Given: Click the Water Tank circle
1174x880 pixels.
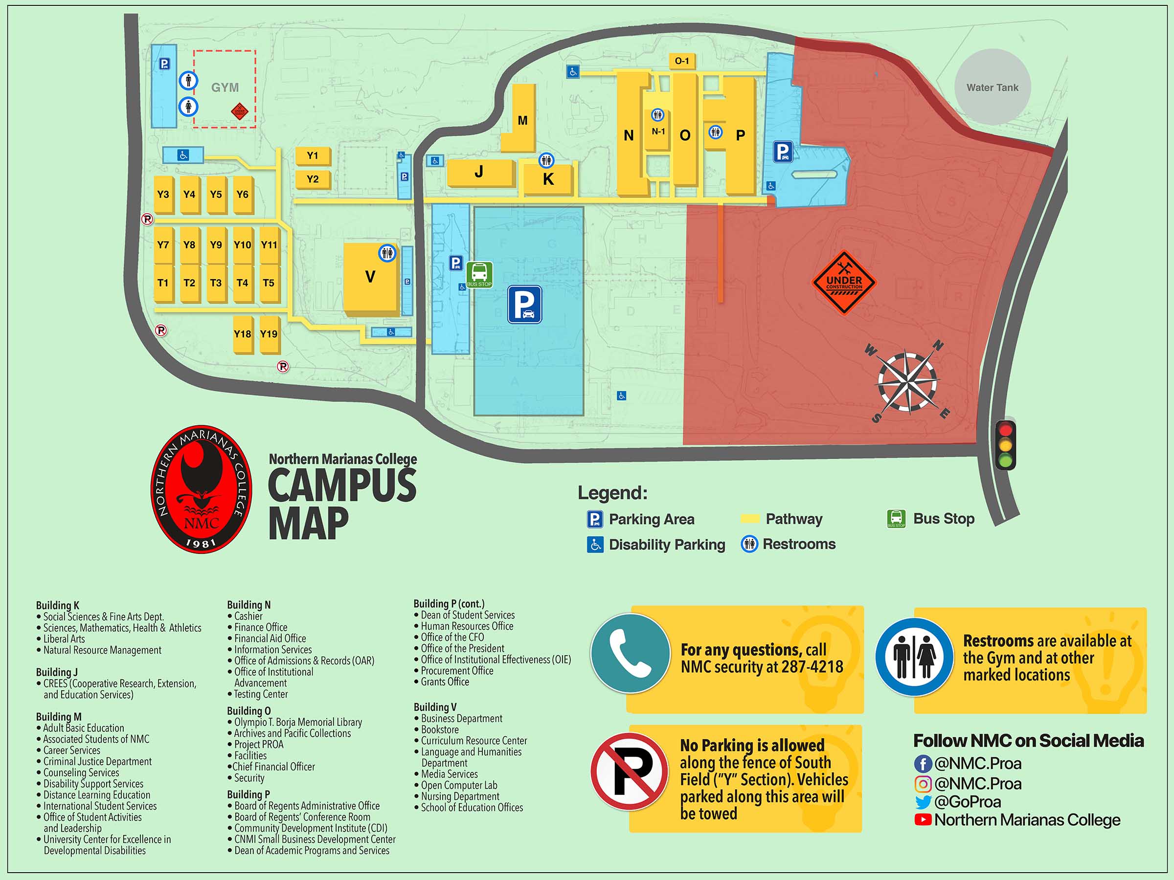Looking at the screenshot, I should (992, 88).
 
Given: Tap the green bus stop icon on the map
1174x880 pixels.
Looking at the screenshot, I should (479, 274).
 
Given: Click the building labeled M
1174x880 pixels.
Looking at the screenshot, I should (522, 120).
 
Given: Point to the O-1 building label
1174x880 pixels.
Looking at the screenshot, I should (682, 61).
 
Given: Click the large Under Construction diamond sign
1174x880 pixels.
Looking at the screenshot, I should (844, 283).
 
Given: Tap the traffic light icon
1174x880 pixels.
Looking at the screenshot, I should (1005, 444).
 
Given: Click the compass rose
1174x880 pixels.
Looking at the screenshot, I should (907, 381).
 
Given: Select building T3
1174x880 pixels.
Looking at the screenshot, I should (216, 283).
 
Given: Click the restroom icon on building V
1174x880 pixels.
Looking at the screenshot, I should (387, 253).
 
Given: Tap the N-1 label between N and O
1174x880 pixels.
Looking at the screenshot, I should (658, 132).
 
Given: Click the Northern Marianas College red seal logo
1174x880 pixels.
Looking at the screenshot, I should (201, 489).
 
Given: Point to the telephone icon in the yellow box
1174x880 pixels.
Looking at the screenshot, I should (630, 653).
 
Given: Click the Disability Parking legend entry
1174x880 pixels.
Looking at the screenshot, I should (656, 544).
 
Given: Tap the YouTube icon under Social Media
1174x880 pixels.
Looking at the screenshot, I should (923, 819).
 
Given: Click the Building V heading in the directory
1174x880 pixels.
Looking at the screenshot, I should (435, 707).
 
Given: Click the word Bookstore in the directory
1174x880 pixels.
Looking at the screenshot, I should (440, 729).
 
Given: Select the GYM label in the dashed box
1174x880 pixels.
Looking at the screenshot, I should (225, 88).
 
